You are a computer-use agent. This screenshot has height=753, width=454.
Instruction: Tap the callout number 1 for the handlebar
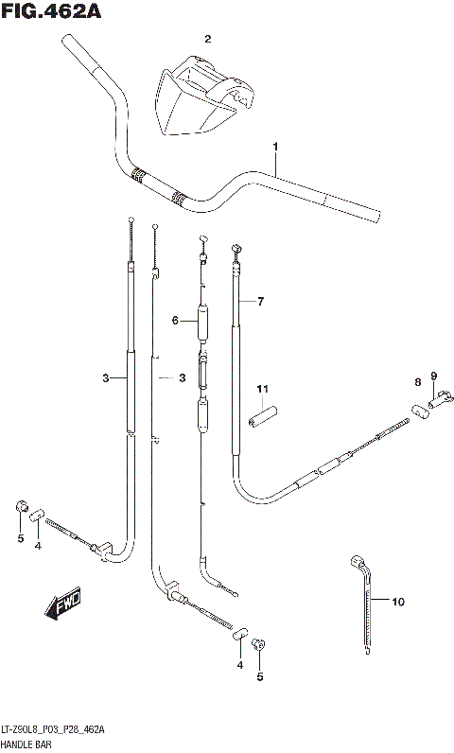pos(275,147)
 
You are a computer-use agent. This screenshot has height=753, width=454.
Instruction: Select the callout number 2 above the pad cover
pos(208,39)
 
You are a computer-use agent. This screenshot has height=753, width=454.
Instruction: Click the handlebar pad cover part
pos(201,95)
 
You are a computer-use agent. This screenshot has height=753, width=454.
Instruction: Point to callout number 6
pos(175,321)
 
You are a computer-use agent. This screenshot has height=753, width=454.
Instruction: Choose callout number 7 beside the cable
pos(261,302)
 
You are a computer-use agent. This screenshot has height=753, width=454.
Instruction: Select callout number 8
pos(416,382)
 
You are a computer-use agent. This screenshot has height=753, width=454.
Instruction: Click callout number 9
pos(434,376)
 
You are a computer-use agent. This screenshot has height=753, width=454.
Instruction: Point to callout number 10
pos(397,601)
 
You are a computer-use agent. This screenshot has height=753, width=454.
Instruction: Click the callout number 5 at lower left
pos(19,539)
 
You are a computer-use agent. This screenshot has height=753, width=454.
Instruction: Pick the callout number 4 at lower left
pos(38,546)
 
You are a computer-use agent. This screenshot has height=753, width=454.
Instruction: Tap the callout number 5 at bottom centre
pos(261,676)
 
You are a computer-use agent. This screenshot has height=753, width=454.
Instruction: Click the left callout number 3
pos(107,378)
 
